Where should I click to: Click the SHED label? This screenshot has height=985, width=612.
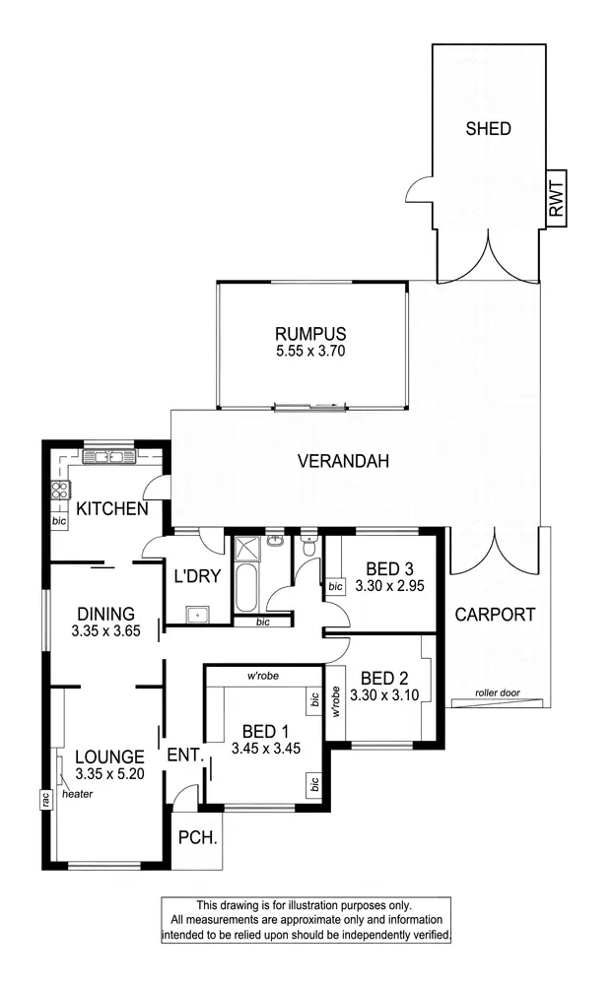point(488,129)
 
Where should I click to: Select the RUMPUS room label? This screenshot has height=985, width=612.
point(311,333)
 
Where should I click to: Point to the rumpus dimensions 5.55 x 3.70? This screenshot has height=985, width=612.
point(311,350)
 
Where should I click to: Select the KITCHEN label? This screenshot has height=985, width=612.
point(112,509)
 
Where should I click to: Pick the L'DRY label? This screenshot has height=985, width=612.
point(196,577)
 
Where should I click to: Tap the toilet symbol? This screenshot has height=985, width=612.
point(308,549)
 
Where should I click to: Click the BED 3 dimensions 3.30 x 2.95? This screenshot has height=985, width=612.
point(389,584)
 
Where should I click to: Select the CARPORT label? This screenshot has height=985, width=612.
point(495,615)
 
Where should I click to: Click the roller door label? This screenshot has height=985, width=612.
point(495,691)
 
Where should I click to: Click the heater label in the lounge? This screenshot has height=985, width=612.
point(78,793)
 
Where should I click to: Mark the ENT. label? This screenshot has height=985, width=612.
point(185,756)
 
